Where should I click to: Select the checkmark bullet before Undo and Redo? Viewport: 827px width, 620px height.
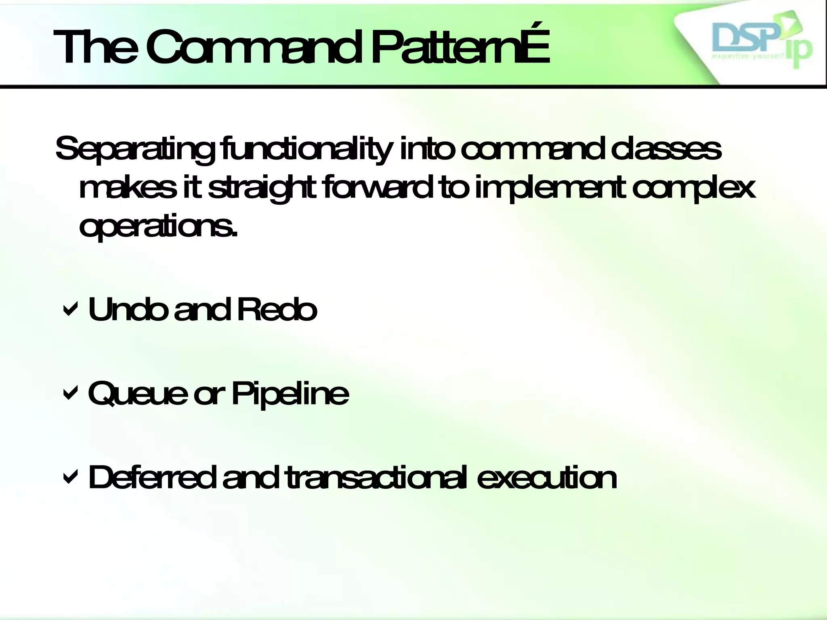pos(70,310)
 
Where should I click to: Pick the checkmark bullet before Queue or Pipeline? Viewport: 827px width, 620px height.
pos(70,394)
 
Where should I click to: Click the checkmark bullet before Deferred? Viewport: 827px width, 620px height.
pos(70,478)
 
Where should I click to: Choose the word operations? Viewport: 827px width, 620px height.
pos(157,227)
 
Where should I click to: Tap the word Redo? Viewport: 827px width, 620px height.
pos(277,309)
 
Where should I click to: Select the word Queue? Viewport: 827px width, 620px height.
pos(138,394)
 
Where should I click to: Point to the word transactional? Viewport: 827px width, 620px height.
pos(377,477)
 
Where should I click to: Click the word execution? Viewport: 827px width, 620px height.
pos(547,477)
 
